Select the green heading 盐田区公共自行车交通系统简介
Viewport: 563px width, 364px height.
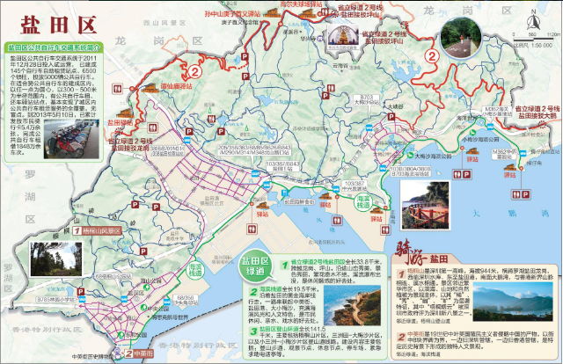tap(54, 45)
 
